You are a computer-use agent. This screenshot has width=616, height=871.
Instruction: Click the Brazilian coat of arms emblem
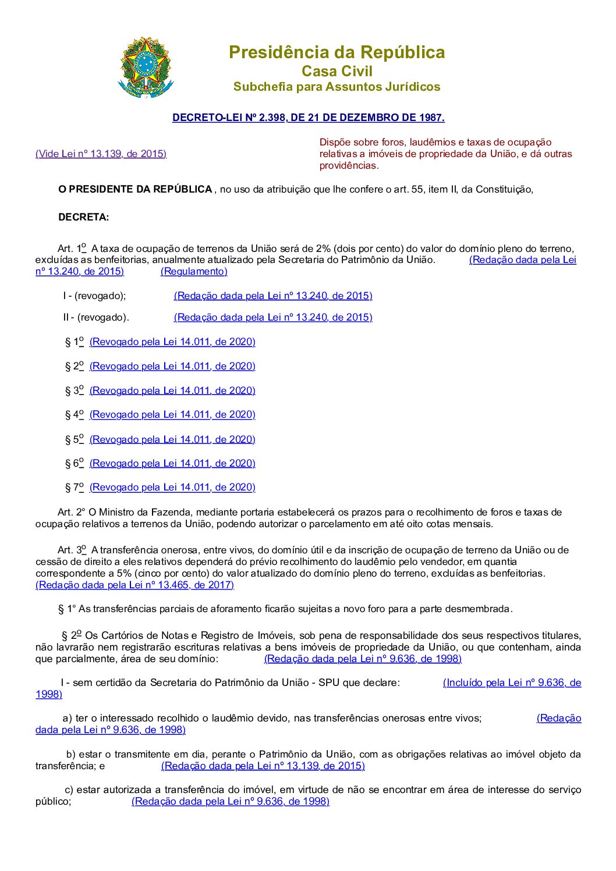(146, 67)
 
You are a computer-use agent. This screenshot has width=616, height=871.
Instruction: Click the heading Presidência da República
(337, 52)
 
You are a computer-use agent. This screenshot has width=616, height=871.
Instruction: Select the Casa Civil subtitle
(337, 72)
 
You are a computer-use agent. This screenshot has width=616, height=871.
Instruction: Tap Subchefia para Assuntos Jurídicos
(337, 87)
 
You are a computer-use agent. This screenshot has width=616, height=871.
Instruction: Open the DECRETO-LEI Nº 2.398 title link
(308, 118)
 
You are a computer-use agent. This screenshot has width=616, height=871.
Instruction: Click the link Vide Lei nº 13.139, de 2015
(101, 154)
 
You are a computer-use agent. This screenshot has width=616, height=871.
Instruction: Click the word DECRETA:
(83, 218)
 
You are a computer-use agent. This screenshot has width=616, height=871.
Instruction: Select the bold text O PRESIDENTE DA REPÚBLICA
(135, 189)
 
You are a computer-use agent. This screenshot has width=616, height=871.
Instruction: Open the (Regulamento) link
(194, 271)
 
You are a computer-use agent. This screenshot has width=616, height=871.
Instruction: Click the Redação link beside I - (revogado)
(272, 296)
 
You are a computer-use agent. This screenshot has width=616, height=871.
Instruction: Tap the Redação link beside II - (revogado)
(272, 317)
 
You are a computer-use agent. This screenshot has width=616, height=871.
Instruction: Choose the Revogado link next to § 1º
(172, 342)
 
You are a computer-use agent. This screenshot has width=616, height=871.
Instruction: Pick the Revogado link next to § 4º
(172, 414)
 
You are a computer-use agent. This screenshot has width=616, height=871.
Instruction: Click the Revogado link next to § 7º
(172, 487)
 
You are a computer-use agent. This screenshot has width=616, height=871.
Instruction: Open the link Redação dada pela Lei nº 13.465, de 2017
(134, 585)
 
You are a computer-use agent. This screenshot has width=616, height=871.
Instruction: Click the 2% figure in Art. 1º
(324, 248)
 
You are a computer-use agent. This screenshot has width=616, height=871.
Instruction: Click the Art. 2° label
(71, 512)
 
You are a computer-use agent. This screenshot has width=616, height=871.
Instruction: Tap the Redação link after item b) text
(263, 766)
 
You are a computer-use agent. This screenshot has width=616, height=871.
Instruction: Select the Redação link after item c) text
(230, 801)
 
